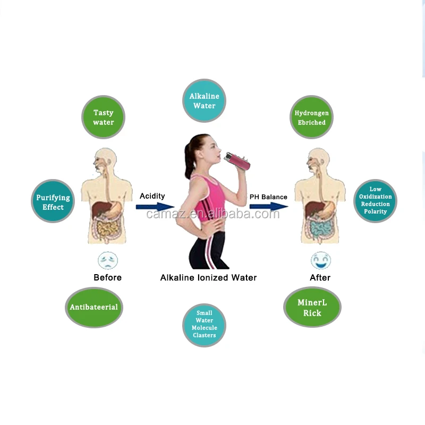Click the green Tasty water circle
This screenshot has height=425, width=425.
pyautogui.click(x=103, y=117)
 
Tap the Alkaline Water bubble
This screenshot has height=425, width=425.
pyautogui.click(x=204, y=101)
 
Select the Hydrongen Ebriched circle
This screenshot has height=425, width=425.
pyautogui.click(x=311, y=117)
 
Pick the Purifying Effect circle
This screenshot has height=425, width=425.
pyautogui.click(x=53, y=202)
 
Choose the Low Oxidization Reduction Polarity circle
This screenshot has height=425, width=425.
pyautogui.click(x=375, y=200)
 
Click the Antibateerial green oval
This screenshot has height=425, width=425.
pyautogui.click(x=94, y=307)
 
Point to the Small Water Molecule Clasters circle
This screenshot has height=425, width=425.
pyautogui.click(x=204, y=324)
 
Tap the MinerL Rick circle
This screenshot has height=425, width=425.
pyautogui.click(x=312, y=308)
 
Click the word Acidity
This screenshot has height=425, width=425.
pyautogui.click(x=152, y=196)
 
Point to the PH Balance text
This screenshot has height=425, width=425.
pyautogui.click(x=268, y=197)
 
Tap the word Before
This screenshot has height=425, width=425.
pyautogui.click(x=107, y=277)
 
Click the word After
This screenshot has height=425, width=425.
pyautogui.click(x=320, y=277)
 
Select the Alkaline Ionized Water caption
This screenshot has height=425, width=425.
pyautogui.click(x=208, y=277)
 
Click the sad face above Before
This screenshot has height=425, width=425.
pyautogui.click(x=108, y=260)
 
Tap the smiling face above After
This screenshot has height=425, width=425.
pyautogui.click(x=320, y=260)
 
